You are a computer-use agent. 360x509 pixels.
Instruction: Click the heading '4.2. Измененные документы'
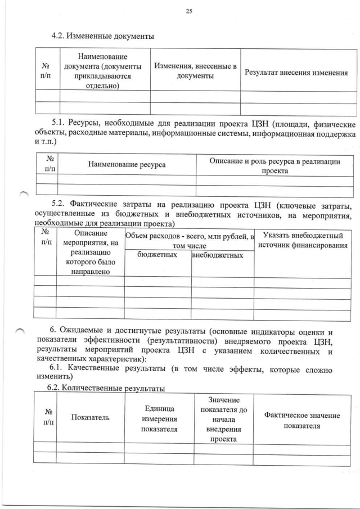102,37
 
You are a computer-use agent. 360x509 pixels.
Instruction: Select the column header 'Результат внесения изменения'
295,72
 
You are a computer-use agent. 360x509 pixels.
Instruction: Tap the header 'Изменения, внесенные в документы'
195,71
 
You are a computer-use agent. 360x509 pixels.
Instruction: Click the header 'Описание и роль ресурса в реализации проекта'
274,166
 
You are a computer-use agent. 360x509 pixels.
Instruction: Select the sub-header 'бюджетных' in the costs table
157,255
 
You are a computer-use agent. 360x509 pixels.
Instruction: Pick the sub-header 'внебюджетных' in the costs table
218,256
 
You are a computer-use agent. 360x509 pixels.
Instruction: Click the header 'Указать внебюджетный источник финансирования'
303,240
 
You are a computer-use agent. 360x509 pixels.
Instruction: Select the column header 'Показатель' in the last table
90,417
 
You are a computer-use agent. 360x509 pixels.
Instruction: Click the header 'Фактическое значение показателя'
302,420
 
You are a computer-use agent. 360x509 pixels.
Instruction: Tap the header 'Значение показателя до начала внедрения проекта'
223,419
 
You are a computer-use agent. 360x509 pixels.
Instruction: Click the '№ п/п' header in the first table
47,71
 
